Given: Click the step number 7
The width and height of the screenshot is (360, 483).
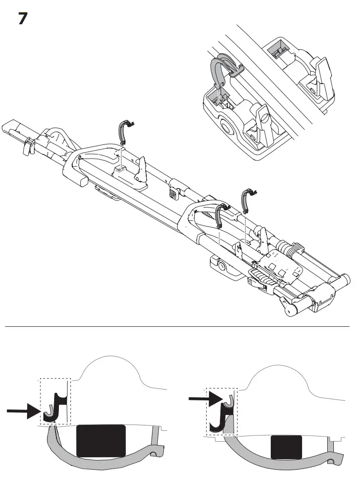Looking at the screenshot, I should click(x=22, y=19).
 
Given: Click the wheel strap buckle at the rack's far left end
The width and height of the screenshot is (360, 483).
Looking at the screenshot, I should click(x=28, y=146).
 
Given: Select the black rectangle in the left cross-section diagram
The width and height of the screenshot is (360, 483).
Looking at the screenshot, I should click(x=101, y=441).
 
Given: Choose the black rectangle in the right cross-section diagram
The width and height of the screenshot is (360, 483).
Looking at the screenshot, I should click(x=286, y=447).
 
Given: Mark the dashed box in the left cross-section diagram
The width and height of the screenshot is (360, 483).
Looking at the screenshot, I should click(x=55, y=401).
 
